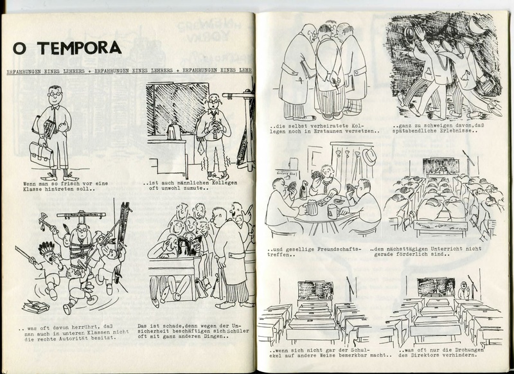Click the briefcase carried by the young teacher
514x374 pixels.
[42, 154]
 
